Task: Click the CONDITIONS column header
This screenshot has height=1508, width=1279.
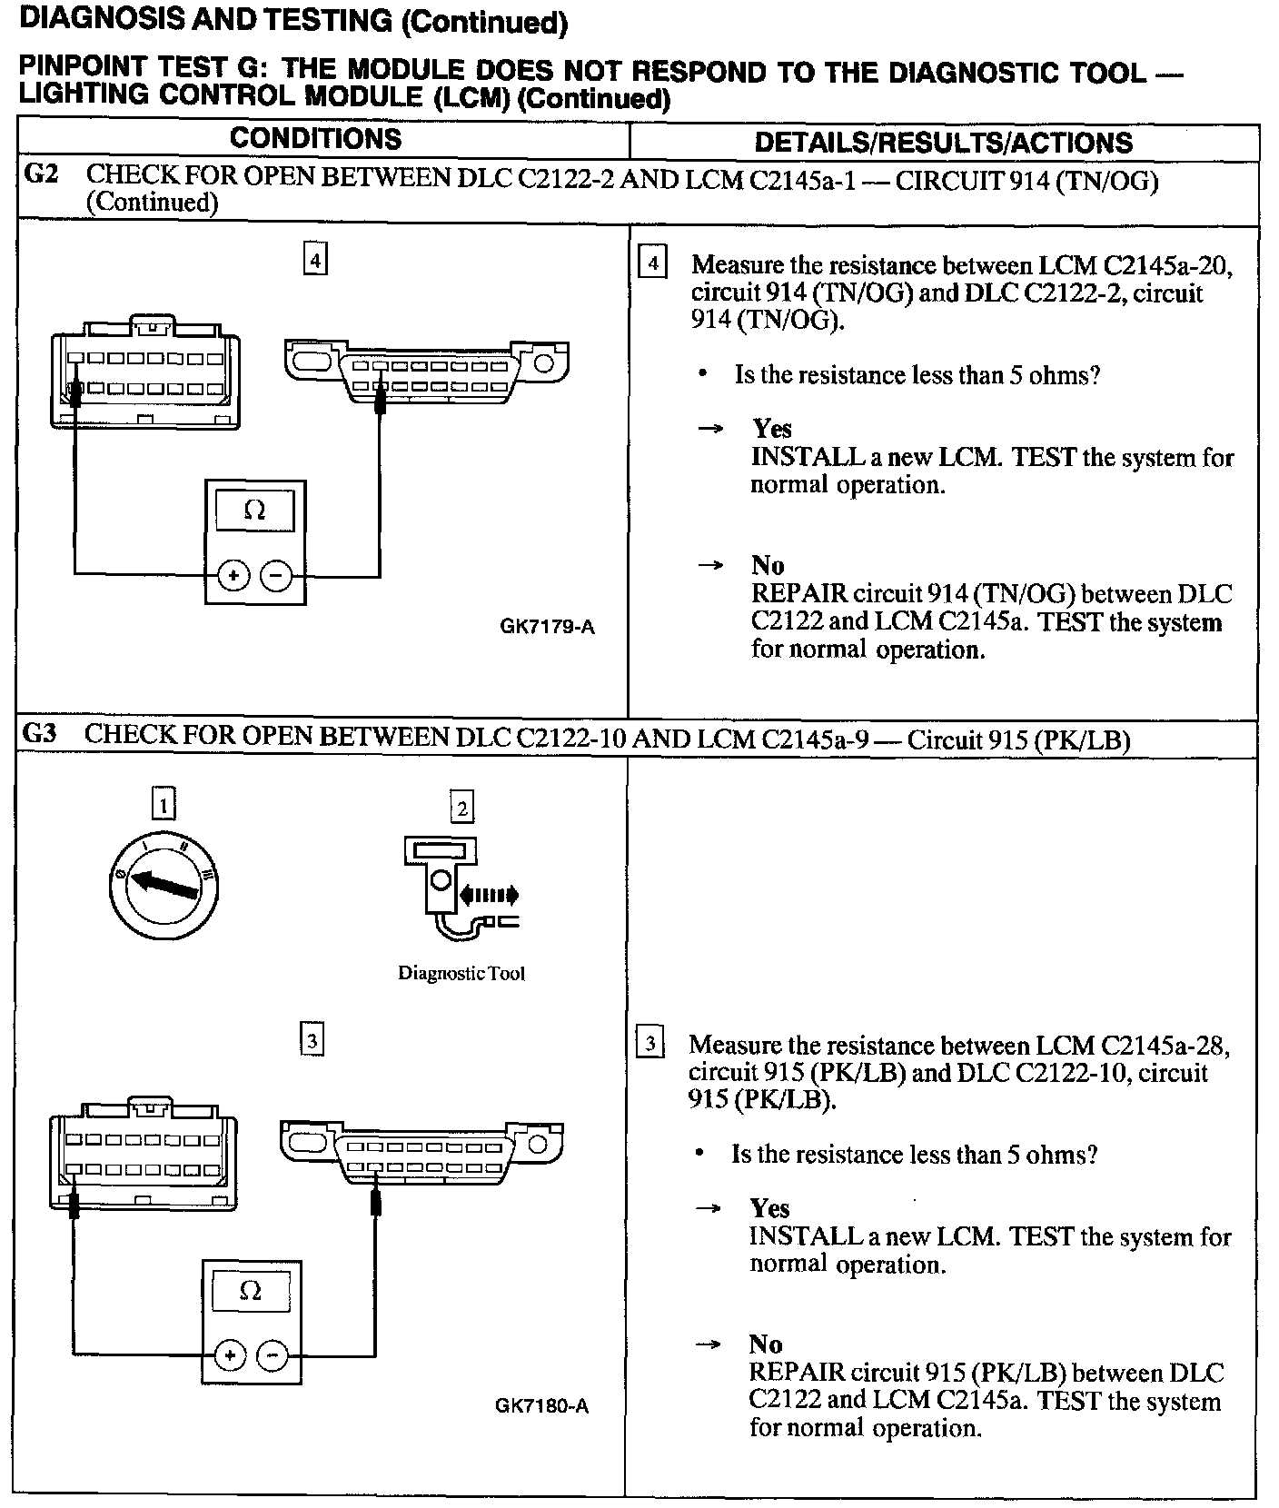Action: click(315, 139)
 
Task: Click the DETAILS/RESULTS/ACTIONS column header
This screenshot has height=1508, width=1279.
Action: click(944, 143)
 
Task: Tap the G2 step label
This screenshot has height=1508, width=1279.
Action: click(42, 174)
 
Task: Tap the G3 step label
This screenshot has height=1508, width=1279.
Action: click(41, 735)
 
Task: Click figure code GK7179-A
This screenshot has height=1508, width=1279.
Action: click(547, 627)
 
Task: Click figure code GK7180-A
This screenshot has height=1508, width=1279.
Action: click(542, 1406)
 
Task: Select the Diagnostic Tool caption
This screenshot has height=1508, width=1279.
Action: click(461, 974)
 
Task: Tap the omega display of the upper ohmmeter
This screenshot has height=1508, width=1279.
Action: click(255, 511)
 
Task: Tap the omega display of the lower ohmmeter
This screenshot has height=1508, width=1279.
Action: click(251, 1291)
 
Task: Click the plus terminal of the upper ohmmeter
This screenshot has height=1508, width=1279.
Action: click(233, 575)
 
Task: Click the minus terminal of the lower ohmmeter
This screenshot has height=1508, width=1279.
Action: click(272, 1356)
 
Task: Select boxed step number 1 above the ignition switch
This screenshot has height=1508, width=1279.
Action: click(164, 805)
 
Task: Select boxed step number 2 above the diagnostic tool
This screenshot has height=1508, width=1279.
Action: click(461, 807)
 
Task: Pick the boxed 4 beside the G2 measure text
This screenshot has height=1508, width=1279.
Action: click(652, 264)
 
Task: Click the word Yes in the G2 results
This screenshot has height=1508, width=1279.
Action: click(771, 429)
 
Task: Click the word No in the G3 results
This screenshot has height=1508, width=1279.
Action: click(766, 1344)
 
